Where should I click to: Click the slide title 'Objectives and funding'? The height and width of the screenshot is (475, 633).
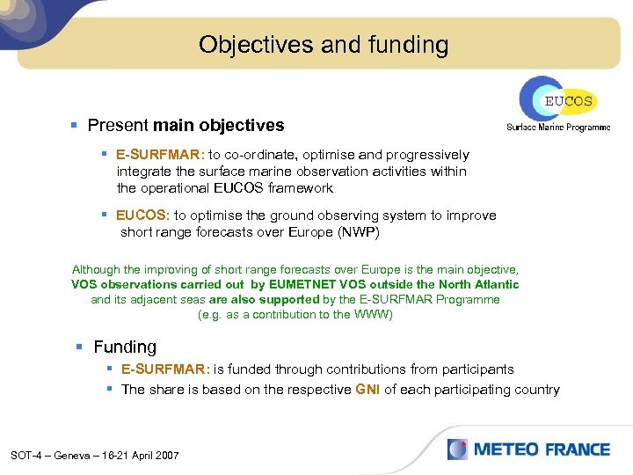[x=323, y=44]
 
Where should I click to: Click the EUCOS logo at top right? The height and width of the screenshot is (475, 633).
[x=557, y=99]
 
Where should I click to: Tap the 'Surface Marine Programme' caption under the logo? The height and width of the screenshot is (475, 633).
[x=557, y=128]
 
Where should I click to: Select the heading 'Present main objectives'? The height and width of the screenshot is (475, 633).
[x=186, y=126]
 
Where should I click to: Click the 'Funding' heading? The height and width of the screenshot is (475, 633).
[x=125, y=347]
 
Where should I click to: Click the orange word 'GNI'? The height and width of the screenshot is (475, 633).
[x=367, y=390]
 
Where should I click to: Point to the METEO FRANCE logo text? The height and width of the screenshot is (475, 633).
[x=542, y=449]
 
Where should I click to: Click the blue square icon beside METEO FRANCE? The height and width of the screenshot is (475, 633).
[x=457, y=449]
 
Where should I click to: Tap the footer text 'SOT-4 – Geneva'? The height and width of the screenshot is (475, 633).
[x=51, y=455]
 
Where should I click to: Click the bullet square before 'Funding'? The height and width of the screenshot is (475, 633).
[x=80, y=347]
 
